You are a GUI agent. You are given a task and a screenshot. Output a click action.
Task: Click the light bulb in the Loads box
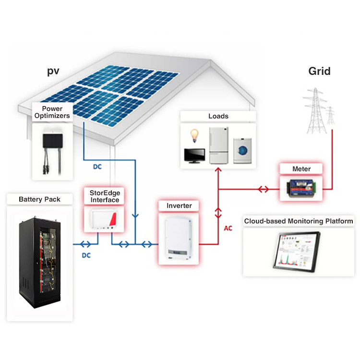tap(194, 136)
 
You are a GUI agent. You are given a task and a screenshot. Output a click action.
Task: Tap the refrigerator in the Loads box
tap(219, 145)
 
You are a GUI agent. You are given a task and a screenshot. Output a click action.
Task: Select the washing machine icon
tap(242, 150)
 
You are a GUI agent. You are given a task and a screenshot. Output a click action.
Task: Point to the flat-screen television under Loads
tap(194, 156)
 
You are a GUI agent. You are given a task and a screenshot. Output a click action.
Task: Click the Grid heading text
tap(319, 71)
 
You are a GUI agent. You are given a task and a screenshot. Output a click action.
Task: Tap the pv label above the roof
tap(53, 71)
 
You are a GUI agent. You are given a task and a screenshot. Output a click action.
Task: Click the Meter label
tap(301, 169)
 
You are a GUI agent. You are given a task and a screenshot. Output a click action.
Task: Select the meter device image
tap(301, 188)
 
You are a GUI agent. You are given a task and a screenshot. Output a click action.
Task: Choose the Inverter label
tap(179, 205)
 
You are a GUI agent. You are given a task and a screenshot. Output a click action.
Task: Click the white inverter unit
tap(179, 238)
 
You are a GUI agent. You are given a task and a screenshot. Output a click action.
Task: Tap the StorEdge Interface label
tap(105, 196)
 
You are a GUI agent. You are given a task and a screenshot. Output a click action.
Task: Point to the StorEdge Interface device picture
tap(105, 219)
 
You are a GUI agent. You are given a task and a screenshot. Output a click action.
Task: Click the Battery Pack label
tap(39, 199)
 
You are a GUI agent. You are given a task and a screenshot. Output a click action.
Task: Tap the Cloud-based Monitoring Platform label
tap(299, 221)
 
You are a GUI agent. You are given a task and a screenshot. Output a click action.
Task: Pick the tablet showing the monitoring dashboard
tap(297, 252)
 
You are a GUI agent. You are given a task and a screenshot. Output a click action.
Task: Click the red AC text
tap(228, 228)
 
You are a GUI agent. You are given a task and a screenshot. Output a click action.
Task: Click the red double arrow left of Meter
tap(264, 190)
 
